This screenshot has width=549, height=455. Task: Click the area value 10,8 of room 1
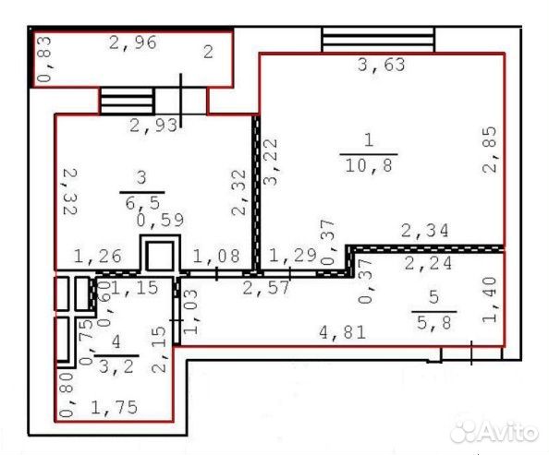click(x=369, y=165)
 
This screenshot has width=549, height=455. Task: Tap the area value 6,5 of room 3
click(x=142, y=202)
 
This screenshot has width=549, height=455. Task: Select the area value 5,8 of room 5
click(x=434, y=322)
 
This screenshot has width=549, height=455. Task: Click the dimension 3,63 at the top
click(x=382, y=65)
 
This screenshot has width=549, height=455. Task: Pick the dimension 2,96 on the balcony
click(x=133, y=42)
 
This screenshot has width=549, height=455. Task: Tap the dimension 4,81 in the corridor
click(x=343, y=332)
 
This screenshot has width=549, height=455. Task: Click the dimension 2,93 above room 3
click(x=153, y=126)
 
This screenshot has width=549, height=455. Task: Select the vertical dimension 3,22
click(x=271, y=162)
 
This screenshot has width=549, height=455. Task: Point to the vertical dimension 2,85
click(x=489, y=150)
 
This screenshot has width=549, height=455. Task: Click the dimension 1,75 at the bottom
click(x=114, y=407)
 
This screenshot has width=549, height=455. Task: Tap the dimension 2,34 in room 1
click(x=425, y=231)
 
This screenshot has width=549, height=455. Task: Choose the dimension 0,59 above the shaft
click(x=161, y=220)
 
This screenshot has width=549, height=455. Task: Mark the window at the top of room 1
click(x=378, y=40)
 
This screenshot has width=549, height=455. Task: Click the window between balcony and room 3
click(x=128, y=101)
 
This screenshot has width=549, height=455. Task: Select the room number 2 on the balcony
click(x=208, y=52)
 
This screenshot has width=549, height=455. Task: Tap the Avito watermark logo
click(x=494, y=430)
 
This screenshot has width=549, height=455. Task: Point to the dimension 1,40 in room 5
click(x=489, y=300)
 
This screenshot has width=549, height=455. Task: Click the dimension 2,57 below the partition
click(x=266, y=288)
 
